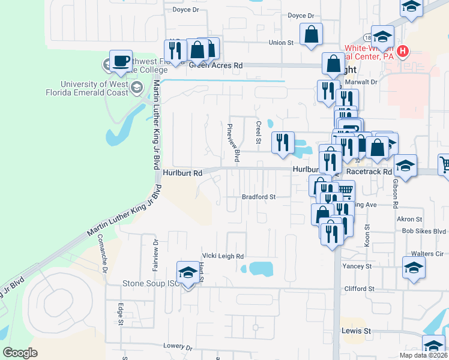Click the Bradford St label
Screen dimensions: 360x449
[x=258, y=197]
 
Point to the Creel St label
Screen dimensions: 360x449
[x=259, y=132]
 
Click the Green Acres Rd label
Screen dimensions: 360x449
[x=216, y=65]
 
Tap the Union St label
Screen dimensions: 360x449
[x=280, y=43]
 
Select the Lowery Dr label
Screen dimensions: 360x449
[x=178, y=347]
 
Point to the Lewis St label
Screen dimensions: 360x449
[x=357, y=331]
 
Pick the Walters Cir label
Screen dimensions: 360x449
[x=427, y=254]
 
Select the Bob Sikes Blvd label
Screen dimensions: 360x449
[x=424, y=231]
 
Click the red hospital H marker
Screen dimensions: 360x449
[x=403, y=51]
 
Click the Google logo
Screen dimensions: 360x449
[x=20, y=353]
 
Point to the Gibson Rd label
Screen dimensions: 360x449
[x=396, y=193]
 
